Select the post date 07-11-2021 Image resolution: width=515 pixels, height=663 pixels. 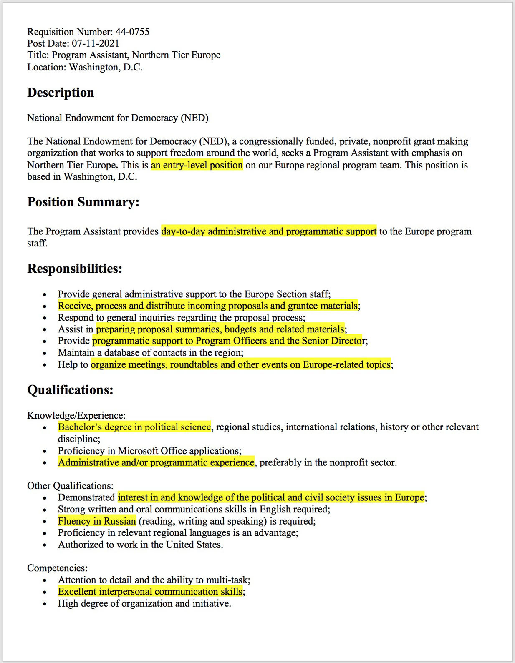95,43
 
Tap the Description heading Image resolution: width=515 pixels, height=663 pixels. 61,93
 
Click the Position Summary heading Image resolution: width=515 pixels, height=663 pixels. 83,202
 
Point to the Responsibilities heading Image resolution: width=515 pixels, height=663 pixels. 75,269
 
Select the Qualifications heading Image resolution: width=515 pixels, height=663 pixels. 70,390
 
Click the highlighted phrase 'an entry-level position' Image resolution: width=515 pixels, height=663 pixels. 197,165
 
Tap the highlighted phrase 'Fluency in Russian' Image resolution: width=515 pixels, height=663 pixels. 97,521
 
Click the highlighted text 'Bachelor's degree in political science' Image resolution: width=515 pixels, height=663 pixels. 134,427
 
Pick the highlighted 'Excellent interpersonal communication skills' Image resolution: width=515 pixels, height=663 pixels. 150,591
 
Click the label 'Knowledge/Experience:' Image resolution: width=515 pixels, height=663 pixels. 76,415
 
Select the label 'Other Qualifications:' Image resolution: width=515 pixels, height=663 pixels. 70,486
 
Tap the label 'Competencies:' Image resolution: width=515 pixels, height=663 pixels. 57,568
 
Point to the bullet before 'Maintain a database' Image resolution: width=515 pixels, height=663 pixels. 45,353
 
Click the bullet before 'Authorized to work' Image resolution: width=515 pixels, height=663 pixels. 45,545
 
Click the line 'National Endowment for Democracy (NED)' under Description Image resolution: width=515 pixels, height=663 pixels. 118,118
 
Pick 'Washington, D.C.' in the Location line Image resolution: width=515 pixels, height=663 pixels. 106,67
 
